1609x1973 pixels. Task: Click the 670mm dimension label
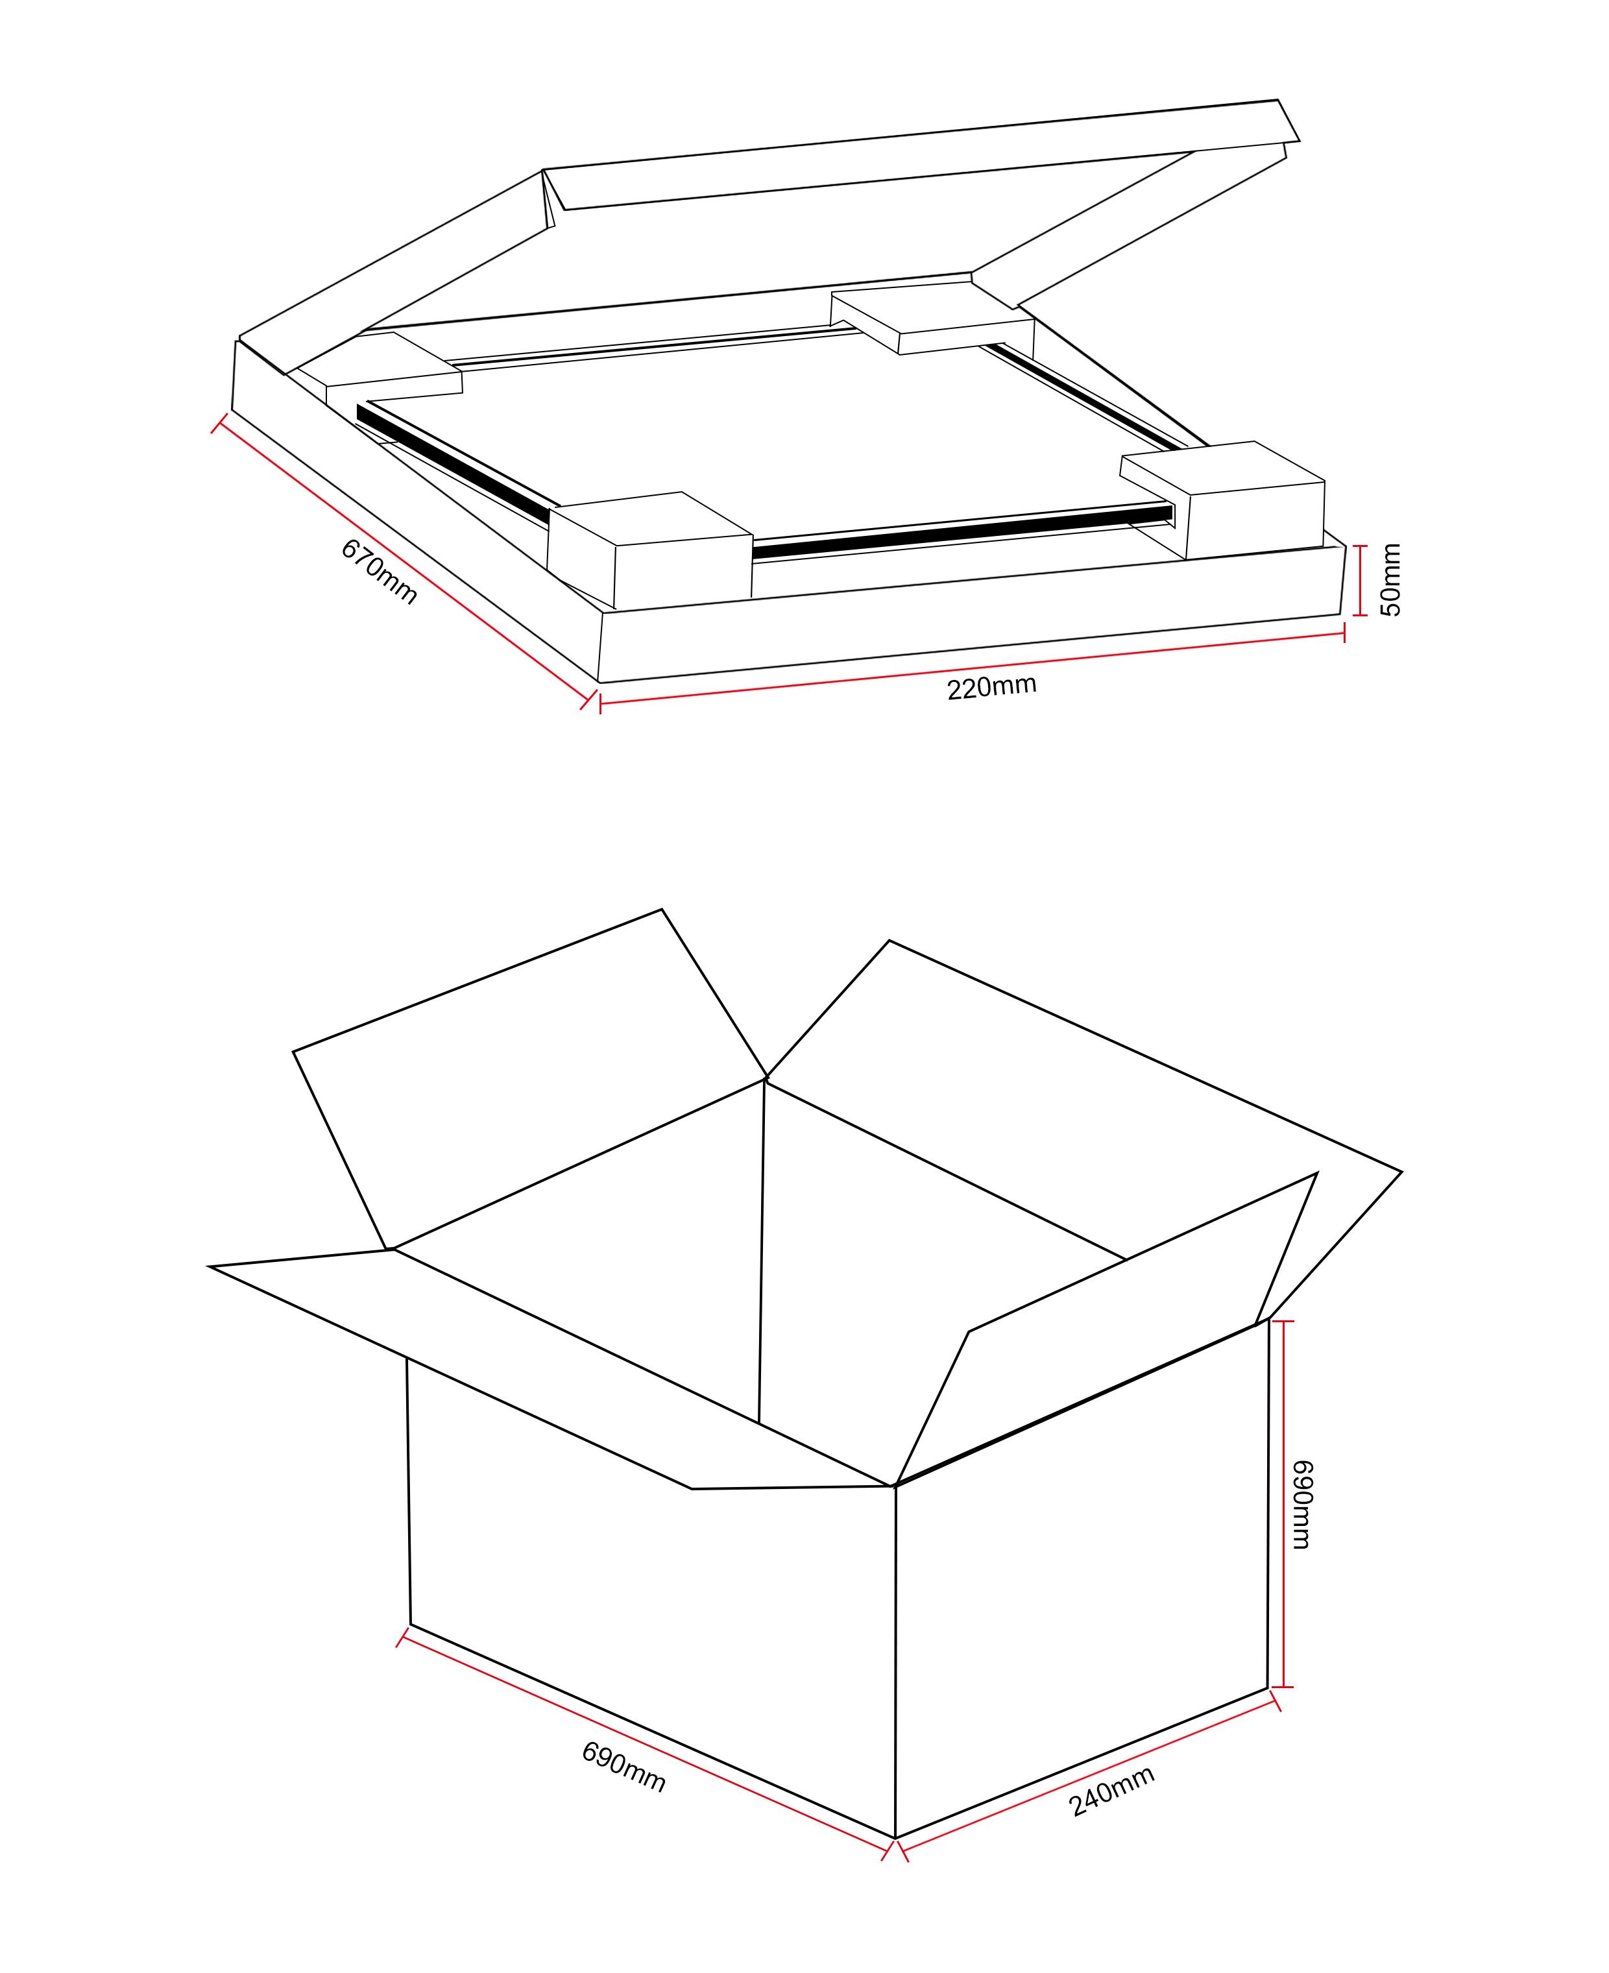[x=379, y=572]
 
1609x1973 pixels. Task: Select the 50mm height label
[x=1390, y=580]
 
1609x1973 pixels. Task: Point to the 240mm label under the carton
[x=1111, y=1791]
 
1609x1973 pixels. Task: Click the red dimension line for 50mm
[x=1360, y=580]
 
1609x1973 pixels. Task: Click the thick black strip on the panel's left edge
[x=454, y=463]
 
